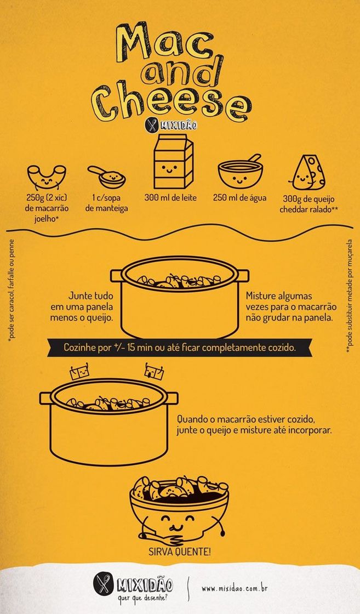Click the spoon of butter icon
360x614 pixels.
coord(107,176)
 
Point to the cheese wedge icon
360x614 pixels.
coord(307,172)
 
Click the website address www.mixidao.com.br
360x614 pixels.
coord(234,589)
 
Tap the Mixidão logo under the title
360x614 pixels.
coord(171,125)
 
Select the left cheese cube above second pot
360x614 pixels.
coord(82,373)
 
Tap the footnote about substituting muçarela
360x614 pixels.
coord(349,295)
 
